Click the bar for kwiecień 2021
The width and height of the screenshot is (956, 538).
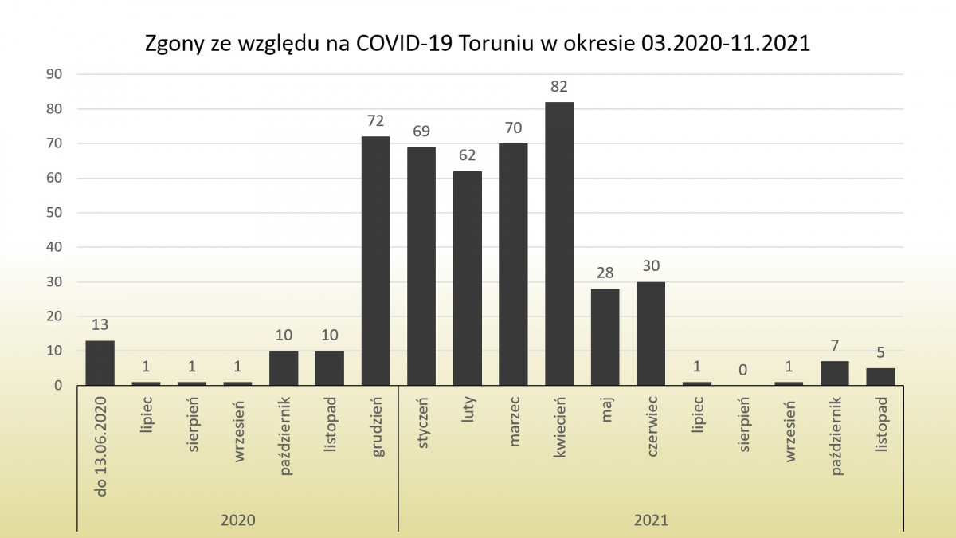(x=559, y=243)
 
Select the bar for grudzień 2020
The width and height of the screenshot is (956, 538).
(x=375, y=261)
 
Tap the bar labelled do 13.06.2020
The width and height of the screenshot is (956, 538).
(x=100, y=363)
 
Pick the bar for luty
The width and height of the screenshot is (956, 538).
(x=468, y=278)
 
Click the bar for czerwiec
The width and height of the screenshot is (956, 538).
(x=651, y=333)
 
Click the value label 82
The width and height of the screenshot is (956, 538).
(x=559, y=86)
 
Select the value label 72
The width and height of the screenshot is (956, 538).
(x=375, y=121)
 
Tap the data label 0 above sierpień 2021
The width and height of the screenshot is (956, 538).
(x=742, y=370)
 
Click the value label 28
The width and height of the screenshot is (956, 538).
(x=605, y=273)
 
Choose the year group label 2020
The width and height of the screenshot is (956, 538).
(x=237, y=520)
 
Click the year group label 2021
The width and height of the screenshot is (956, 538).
(x=651, y=520)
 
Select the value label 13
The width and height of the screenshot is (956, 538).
(x=100, y=325)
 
